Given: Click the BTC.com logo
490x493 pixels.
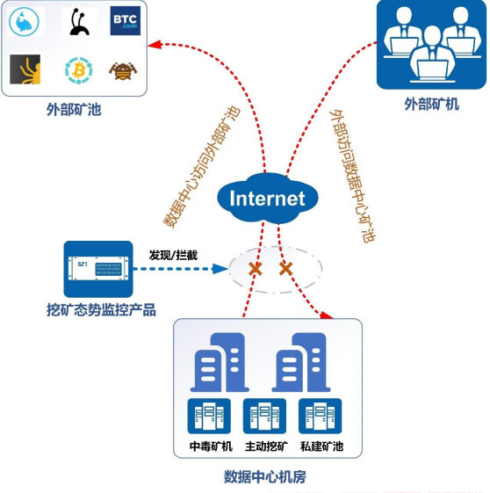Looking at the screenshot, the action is click(x=125, y=20).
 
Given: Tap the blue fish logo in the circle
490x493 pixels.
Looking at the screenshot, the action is click(x=25, y=21).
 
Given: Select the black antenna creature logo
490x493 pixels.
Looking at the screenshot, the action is click(x=79, y=21).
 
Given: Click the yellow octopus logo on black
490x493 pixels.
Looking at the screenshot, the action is click(x=25, y=69).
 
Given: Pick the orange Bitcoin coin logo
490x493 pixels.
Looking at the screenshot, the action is click(x=78, y=70).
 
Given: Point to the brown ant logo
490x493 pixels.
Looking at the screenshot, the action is click(x=123, y=71).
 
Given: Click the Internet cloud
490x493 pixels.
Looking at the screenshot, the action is click(x=268, y=198).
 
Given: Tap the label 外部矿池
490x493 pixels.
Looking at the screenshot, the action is click(x=74, y=110).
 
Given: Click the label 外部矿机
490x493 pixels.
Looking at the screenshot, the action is click(x=431, y=105).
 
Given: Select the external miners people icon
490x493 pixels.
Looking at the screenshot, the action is click(x=431, y=44).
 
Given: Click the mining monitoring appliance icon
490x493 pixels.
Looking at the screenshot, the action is click(x=98, y=269).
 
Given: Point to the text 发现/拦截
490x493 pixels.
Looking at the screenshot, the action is click(x=173, y=256).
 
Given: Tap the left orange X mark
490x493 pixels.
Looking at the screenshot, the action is click(x=256, y=269).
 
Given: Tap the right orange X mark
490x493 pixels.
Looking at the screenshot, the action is click(x=286, y=269).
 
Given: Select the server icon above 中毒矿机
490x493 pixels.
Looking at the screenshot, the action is click(x=209, y=416).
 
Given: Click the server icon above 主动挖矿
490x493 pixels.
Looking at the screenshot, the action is click(x=264, y=416).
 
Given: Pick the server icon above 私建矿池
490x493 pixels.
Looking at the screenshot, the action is click(x=320, y=416).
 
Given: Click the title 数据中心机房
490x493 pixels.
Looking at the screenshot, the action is click(x=265, y=476).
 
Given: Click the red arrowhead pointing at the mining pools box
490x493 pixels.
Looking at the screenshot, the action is click(x=155, y=44).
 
